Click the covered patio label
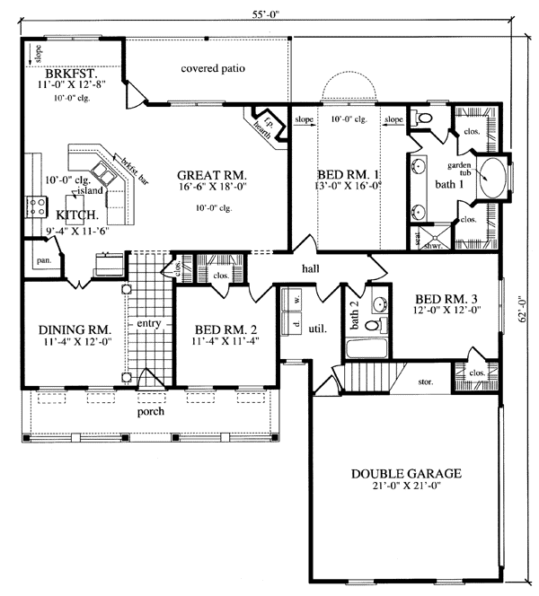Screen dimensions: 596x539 [x=213, y=68]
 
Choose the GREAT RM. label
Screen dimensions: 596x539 [x=212, y=174]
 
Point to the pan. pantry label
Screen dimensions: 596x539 [x=42, y=260]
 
